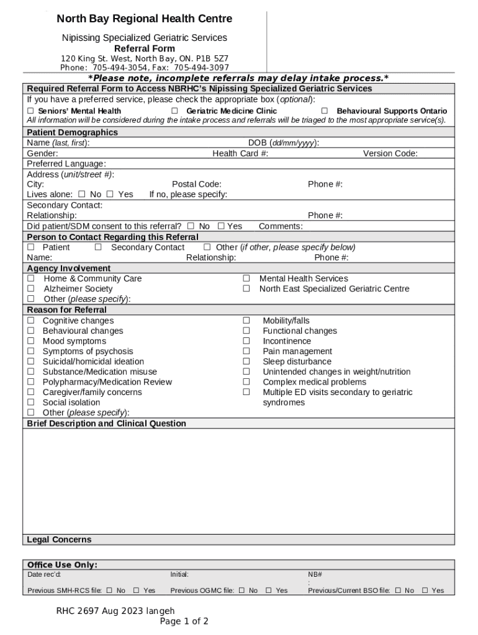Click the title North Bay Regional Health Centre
(144, 19)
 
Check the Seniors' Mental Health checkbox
(30, 111)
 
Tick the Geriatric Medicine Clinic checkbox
(174, 111)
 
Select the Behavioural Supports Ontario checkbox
(324, 111)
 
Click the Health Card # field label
(240, 153)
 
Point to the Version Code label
(390, 153)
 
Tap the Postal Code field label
(196, 184)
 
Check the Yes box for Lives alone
(110, 194)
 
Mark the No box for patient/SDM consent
(191, 226)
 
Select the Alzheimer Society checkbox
(30, 289)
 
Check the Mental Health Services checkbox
(246, 279)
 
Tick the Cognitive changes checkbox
(30, 321)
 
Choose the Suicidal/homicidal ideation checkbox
(30, 362)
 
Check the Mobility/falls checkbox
(246, 321)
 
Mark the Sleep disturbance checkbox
(246, 362)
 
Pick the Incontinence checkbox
(246, 341)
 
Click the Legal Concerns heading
(59, 540)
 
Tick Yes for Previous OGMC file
(269, 590)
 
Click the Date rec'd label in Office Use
(44, 575)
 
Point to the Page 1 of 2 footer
(184, 621)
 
